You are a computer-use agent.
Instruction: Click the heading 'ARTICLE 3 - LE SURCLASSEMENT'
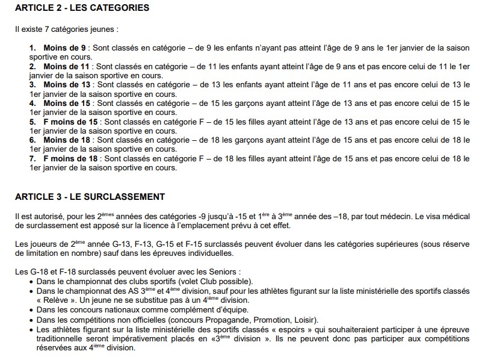[x=90, y=197]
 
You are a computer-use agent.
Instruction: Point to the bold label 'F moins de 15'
[x=72, y=122]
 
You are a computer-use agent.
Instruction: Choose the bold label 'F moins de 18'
[x=72, y=159]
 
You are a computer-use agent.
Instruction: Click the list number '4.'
[x=32, y=104]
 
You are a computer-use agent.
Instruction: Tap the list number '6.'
[x=32, y=141]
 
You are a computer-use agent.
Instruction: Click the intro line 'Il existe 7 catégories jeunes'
[x=66, y=28]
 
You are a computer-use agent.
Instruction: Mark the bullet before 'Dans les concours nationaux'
[x=31, y=309]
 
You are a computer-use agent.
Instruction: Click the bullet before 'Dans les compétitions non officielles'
[x=31, y=319]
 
